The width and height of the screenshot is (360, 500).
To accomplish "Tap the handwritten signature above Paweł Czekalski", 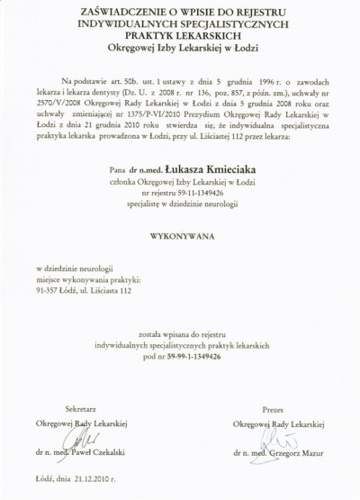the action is coord(76,438).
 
